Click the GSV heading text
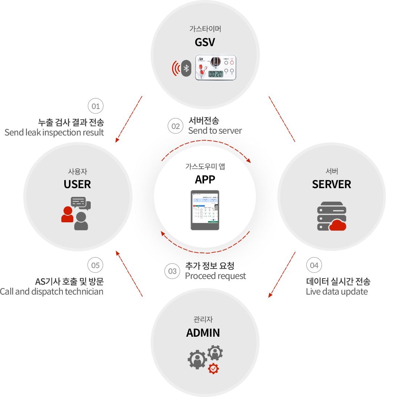[205, 42]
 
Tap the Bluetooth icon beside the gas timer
[186, 68]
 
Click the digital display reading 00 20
[216, 74]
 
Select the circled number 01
[95, 106]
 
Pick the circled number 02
[176, 126]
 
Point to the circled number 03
[172, 271]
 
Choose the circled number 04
[314, 265]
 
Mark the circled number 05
[95, 265]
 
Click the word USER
[77, 184]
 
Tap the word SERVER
[331, 184]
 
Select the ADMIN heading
[203, 333]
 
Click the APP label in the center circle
[205, 179]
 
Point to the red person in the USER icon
[67, 214]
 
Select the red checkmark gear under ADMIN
[213, 369]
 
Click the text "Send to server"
[215, 131]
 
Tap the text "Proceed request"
[215, 276]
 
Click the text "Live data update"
[337, 292]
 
